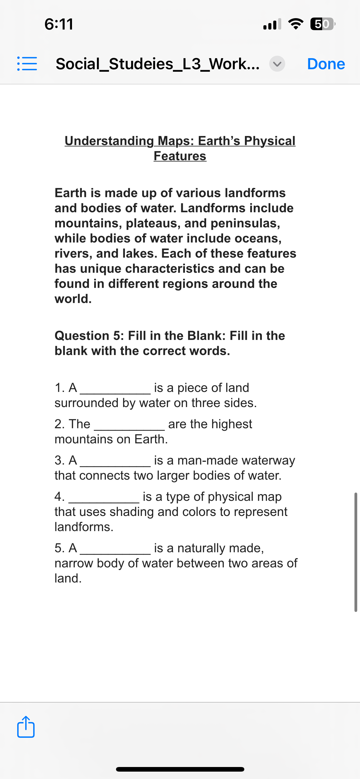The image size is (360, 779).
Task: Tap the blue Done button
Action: pos(326,64)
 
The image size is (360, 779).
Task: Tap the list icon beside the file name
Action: pos(27,64)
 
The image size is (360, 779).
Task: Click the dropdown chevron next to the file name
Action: pos(277,64)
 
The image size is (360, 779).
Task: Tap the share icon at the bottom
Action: pos(26,727)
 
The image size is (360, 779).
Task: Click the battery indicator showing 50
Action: pos(322,24)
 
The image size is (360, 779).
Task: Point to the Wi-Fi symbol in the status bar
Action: pos(295,24)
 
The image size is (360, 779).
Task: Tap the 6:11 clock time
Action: pos(59,24)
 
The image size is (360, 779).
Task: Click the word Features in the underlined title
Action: pos(180,156)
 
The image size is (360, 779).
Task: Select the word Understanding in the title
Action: pos(109,141)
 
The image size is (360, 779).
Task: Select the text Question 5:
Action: pos(89,336)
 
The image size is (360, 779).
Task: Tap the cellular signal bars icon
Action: pos(272,24)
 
